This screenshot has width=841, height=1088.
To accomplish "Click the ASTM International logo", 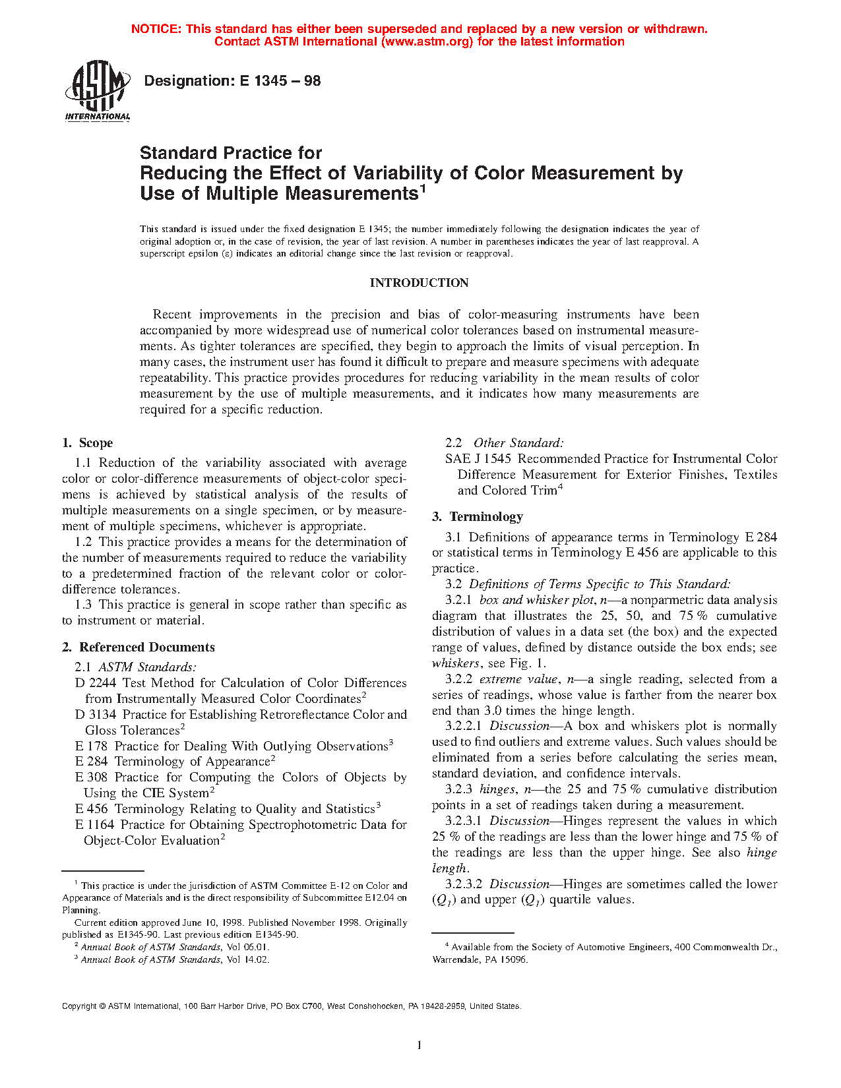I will [x=98, y=92].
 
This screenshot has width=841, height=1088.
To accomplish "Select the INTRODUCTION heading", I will [x=419, y=283].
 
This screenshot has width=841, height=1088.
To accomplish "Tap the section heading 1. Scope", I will [x=88, y=443].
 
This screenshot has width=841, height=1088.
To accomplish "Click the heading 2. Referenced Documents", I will [x=139, y=648].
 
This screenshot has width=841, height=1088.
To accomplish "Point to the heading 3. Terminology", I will [x=478, y=517].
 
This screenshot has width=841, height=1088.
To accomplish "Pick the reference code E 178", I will [x=91, y=746].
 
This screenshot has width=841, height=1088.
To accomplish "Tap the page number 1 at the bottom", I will [x=420, y=1044].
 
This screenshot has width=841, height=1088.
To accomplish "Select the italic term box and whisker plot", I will [x=537, y=600].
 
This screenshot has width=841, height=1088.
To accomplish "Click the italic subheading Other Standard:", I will [x=518, y=443].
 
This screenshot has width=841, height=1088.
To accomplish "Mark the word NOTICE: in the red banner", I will [x=156, y=29].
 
